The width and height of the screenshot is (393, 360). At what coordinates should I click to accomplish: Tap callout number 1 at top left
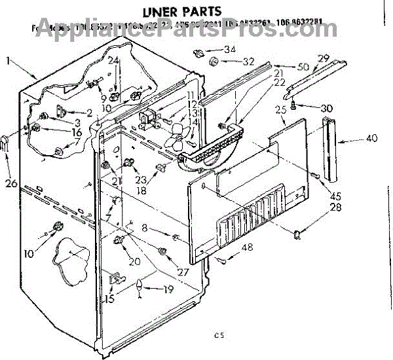8,62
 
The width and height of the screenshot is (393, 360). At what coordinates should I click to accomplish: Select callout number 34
230,50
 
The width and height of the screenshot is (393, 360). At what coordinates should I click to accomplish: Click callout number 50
302,66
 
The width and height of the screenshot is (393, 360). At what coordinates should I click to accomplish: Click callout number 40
371,138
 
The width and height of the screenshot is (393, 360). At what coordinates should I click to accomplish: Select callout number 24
113,60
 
